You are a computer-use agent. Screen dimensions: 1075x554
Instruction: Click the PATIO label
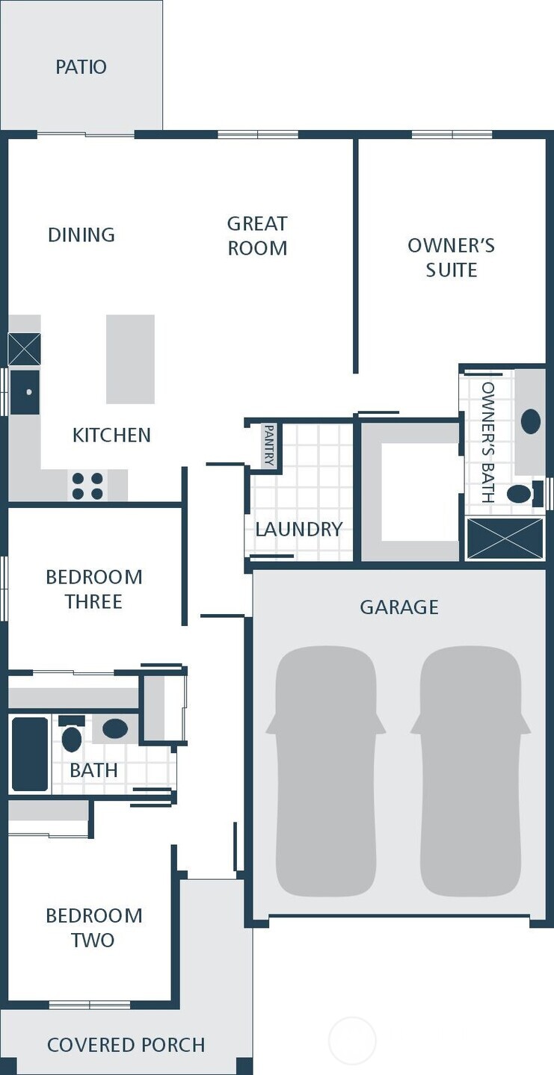tap(81, 66)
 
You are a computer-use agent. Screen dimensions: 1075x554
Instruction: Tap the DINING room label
tap(81, 235)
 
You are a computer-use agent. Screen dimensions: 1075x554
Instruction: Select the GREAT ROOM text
tap(257, 235)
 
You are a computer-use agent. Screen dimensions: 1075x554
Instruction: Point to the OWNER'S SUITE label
tap(451, 257)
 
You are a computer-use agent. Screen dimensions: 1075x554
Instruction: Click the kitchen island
tap(130, 359)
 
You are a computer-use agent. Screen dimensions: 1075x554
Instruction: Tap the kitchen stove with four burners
tap(87, 486)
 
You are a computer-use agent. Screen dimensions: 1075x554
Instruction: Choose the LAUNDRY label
tap(298, 529)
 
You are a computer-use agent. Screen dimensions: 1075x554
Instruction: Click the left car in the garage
tap(325, 769)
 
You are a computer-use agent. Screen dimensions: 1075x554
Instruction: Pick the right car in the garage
tap(470, 769)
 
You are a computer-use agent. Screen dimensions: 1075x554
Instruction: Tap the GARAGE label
tap(399, 607)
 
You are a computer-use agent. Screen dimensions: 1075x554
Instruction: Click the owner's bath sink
tap(530, 421)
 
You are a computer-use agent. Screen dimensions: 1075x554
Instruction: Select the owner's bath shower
tap(505, 538)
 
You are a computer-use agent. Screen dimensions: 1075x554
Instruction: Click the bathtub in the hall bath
tap(30, 754)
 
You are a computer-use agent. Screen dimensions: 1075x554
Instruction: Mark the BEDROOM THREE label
tap(93, 589)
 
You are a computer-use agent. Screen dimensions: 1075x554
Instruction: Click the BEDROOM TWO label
tap(93, 927)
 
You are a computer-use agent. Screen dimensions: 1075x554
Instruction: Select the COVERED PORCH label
tap(126, 1044)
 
